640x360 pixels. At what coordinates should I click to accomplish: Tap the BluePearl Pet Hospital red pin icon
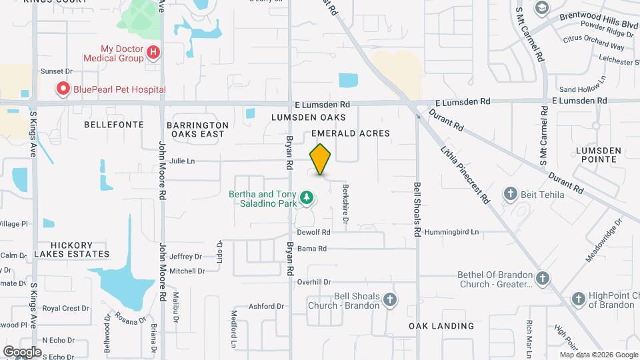point(63,89)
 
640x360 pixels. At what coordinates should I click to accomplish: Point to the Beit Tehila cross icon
point(511,195)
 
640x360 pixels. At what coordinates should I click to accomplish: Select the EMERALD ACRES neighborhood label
point(351,134)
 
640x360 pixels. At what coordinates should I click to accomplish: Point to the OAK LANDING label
point(441,326)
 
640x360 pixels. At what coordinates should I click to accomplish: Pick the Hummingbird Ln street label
point(456,233)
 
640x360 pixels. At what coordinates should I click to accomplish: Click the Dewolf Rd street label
point(314,233)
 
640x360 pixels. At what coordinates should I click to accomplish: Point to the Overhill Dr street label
point(314,282)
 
